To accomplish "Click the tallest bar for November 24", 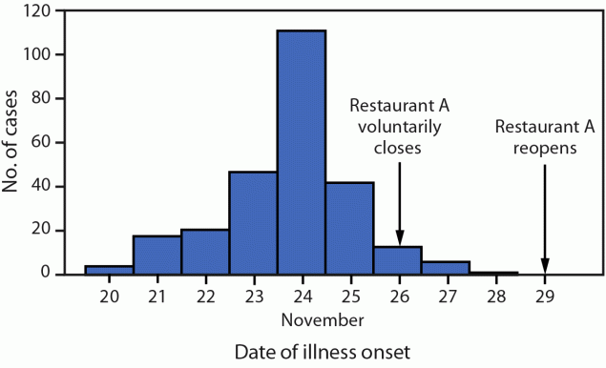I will coord(302,153).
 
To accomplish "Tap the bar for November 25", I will coord(350,228).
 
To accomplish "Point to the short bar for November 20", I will coord(109,270).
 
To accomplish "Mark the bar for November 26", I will coord(398,260).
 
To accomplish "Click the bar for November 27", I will coord(446,268).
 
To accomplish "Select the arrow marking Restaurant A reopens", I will coord(545,219).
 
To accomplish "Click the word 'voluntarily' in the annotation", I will coord(398,126).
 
